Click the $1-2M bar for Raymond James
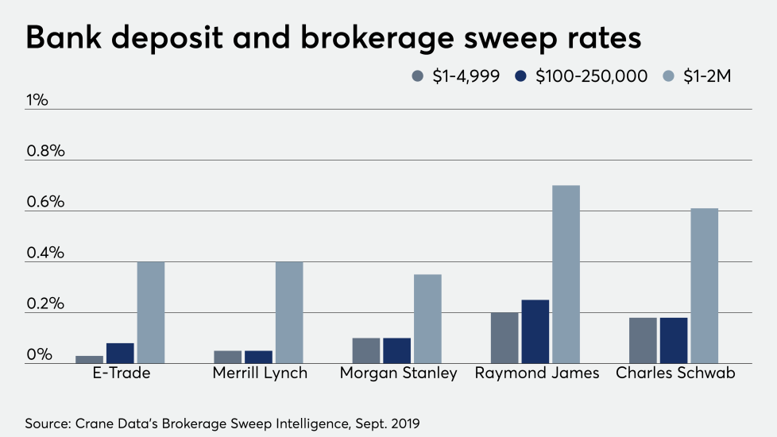tap(566, 274)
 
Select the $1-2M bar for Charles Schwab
tap(704, 285)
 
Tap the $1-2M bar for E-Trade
tap(151, 312)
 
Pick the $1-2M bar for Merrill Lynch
tap(289, 312)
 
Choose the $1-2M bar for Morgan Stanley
tap(427, 319)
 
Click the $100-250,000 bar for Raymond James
tap(535, 331)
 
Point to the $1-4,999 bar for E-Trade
tap(89, 359)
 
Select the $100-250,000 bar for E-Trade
tap(120, 353)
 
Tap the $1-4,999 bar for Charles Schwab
tap(643, 340)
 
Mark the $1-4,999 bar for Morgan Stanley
tap(366, 350)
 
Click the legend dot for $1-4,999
tap(418, 76)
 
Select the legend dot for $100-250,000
tap(521, 76)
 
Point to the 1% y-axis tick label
tap(37, 101)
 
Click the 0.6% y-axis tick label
tap(44, 203)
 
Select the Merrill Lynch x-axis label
tap(260, 373)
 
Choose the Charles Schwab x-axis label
tap(674, 373)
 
